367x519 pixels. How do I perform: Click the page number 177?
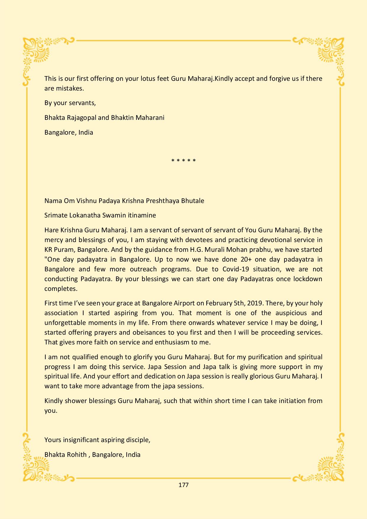pos(183,485)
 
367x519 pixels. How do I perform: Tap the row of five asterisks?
pos(183,161)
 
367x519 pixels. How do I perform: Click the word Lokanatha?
pos(85,215)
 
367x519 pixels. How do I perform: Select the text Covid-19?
pos(236,269)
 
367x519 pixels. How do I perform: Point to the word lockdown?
pos(308,279)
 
